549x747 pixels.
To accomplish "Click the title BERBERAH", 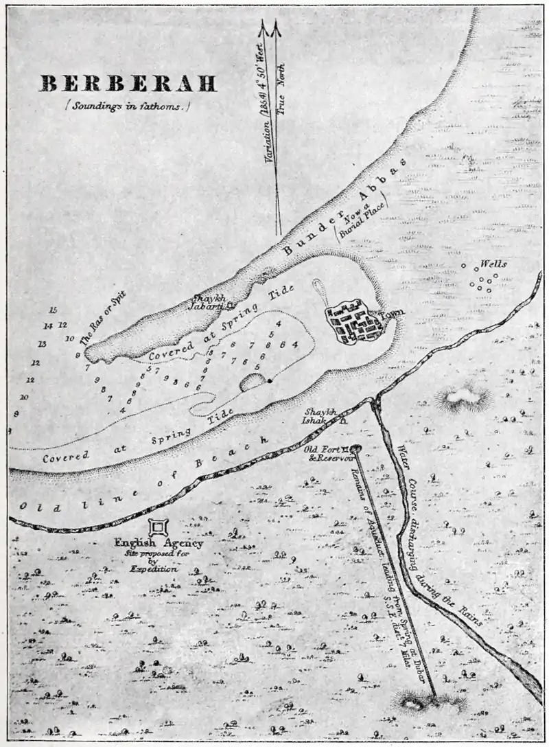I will tap(128, 84).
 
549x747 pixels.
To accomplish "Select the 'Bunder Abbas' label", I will tap(344, 209).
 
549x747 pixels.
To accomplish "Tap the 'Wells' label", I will tap(493, 264).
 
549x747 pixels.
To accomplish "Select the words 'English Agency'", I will tap(159, 543).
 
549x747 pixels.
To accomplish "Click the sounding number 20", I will tap(24, 397).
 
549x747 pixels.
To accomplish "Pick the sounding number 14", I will tap(47, 326).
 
